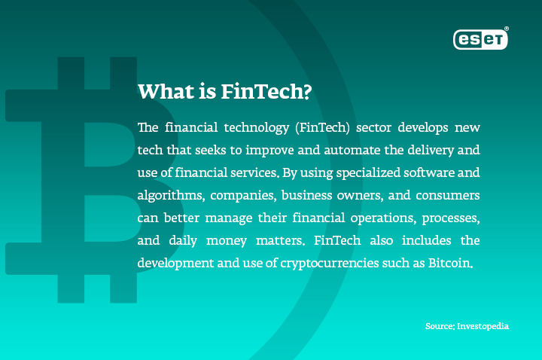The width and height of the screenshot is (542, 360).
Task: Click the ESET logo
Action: (x=480, y=39)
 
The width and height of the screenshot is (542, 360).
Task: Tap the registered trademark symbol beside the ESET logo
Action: (x=507, y=29)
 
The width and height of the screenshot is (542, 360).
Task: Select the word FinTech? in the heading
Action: (x=266, y=92)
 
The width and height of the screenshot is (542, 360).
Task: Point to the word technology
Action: (x=257, y=128)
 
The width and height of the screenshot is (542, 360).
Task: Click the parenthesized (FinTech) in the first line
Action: (x=322, y=127)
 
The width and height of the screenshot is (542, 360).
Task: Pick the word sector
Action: (x=373, y=128)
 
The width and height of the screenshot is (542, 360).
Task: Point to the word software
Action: (x=429, y=172)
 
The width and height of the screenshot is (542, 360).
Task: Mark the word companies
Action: (x=243, y=196)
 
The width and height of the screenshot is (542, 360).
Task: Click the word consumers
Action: (x=448, y=196)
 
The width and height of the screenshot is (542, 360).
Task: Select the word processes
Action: (x=451, y=218)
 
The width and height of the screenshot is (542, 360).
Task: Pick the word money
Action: (x=227, y=241)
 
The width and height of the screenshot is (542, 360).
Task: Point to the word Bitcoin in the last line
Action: (x=450, y=263)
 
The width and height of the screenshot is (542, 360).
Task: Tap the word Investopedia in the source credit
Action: (x=483, y=326)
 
